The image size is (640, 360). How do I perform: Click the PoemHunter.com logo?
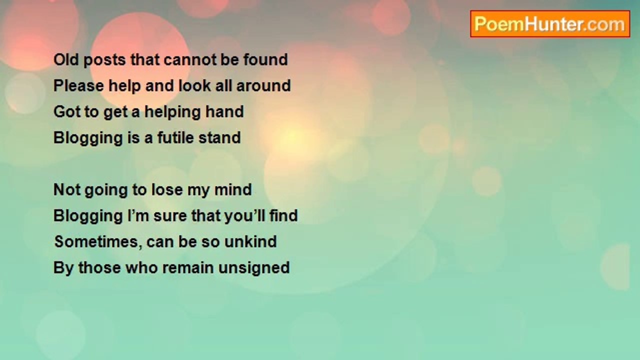click(x=550, y=24)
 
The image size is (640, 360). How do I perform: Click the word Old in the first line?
click(x=66, y=59)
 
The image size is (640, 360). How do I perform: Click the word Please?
click(x=78, y=85)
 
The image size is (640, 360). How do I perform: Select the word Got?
click(x=66, y=111)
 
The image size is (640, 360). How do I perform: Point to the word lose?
click(x=167, y=189)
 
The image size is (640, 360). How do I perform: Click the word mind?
click(x=233, y=189)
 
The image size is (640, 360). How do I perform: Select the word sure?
click(x=170, y=216)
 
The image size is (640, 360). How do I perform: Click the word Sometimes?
click(x=98, y=242)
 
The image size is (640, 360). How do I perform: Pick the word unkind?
click(x=250, y=241)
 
